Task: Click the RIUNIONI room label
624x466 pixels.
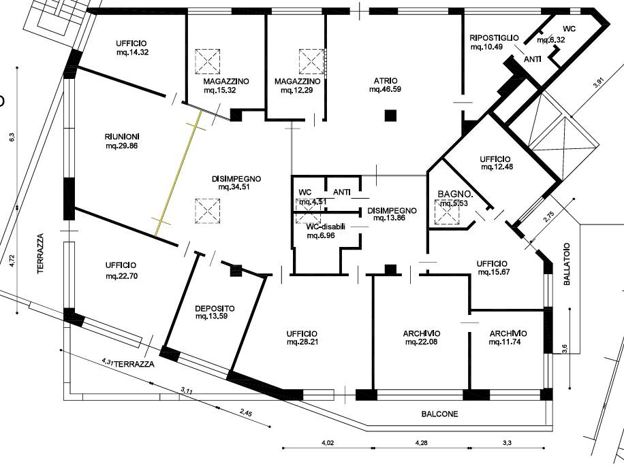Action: click(122, 137)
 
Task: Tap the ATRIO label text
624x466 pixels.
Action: click(385, 81)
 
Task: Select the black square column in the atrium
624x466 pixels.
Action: click(391, 116)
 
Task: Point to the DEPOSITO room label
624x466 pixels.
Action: click(215, 308)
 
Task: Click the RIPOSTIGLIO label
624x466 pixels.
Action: click(494, 38)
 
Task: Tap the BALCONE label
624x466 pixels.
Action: click(440, 414)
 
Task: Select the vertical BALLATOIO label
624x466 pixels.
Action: click(567, 264)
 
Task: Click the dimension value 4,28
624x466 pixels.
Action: click(421, 443)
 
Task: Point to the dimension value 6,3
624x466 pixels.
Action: click(12, 137)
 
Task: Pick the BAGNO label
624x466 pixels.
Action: click(455, 195)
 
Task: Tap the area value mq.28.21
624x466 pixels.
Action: click(302, 342)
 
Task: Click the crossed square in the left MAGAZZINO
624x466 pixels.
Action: click(207, 61)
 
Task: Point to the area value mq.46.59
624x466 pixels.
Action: click(385, 89)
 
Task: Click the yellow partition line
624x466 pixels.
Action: click(178, 173)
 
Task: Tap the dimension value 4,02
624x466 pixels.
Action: click(327, 443)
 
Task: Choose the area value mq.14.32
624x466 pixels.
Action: click(133, 52)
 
